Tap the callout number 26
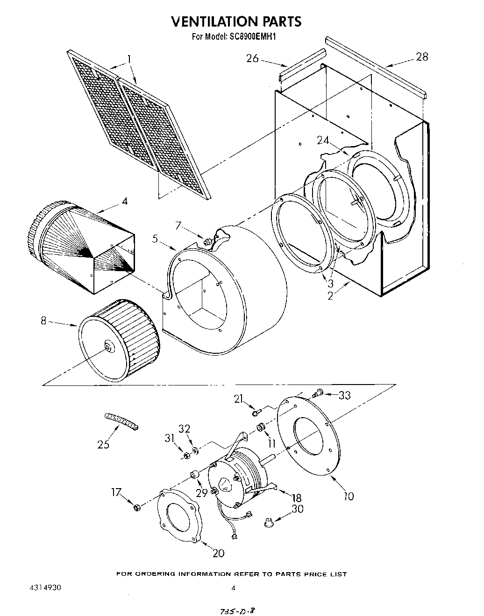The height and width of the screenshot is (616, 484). (252, 58)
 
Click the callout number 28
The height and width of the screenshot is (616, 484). (422, 57)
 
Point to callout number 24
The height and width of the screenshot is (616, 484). (323, 140)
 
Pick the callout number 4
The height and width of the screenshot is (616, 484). (124, 201)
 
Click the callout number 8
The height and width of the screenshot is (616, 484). (44, 321)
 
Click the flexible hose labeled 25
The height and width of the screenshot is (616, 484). (121, 420)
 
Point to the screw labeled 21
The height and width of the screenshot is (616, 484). (256, 413)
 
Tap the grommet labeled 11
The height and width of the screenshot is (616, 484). (260, 427)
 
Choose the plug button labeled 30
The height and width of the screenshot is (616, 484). (269, 522)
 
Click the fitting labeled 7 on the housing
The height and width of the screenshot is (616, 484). (207, 241)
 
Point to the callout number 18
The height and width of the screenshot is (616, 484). (296, 497)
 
